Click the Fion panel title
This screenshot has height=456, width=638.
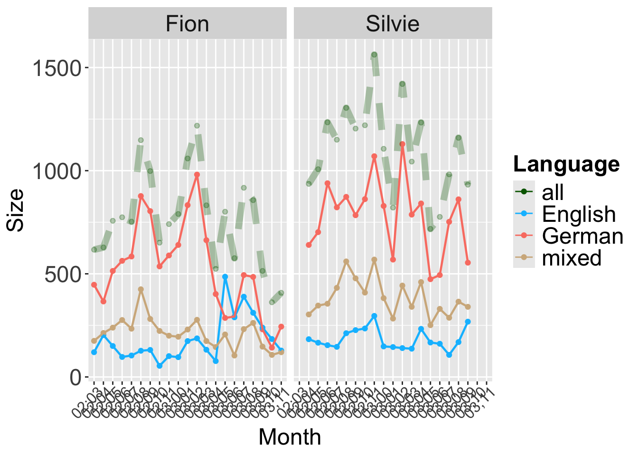click(187, 24)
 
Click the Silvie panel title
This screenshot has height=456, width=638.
click(393, 24)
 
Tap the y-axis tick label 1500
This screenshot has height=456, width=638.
click(57, 68)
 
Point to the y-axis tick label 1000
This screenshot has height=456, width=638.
click(57, 171)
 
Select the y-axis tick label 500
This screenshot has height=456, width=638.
click(64, 274)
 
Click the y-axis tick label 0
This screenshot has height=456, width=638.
click(76, 378)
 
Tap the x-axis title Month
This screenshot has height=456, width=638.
click(290, 437)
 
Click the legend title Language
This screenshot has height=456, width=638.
click(566, 164)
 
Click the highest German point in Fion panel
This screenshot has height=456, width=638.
click(197, 175)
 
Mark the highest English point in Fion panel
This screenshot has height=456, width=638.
click(225, 276)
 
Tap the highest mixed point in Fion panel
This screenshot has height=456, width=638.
click(141, 289)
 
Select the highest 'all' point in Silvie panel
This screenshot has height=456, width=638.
click(374, 55)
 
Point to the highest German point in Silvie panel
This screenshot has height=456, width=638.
click(402, 144)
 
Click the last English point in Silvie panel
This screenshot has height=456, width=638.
click(468, 322)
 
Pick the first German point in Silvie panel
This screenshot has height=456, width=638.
click(309, 245)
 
